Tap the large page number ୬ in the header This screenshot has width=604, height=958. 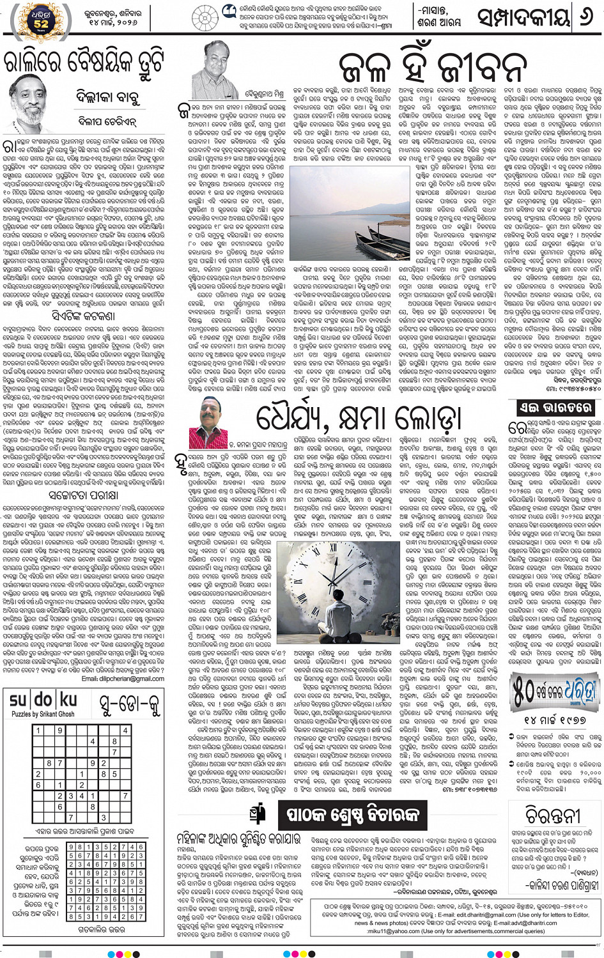(584, 17)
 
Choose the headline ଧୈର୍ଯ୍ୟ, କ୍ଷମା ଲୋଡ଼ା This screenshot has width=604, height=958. (358, 417)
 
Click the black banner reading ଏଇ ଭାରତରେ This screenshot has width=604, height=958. (555, 408)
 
